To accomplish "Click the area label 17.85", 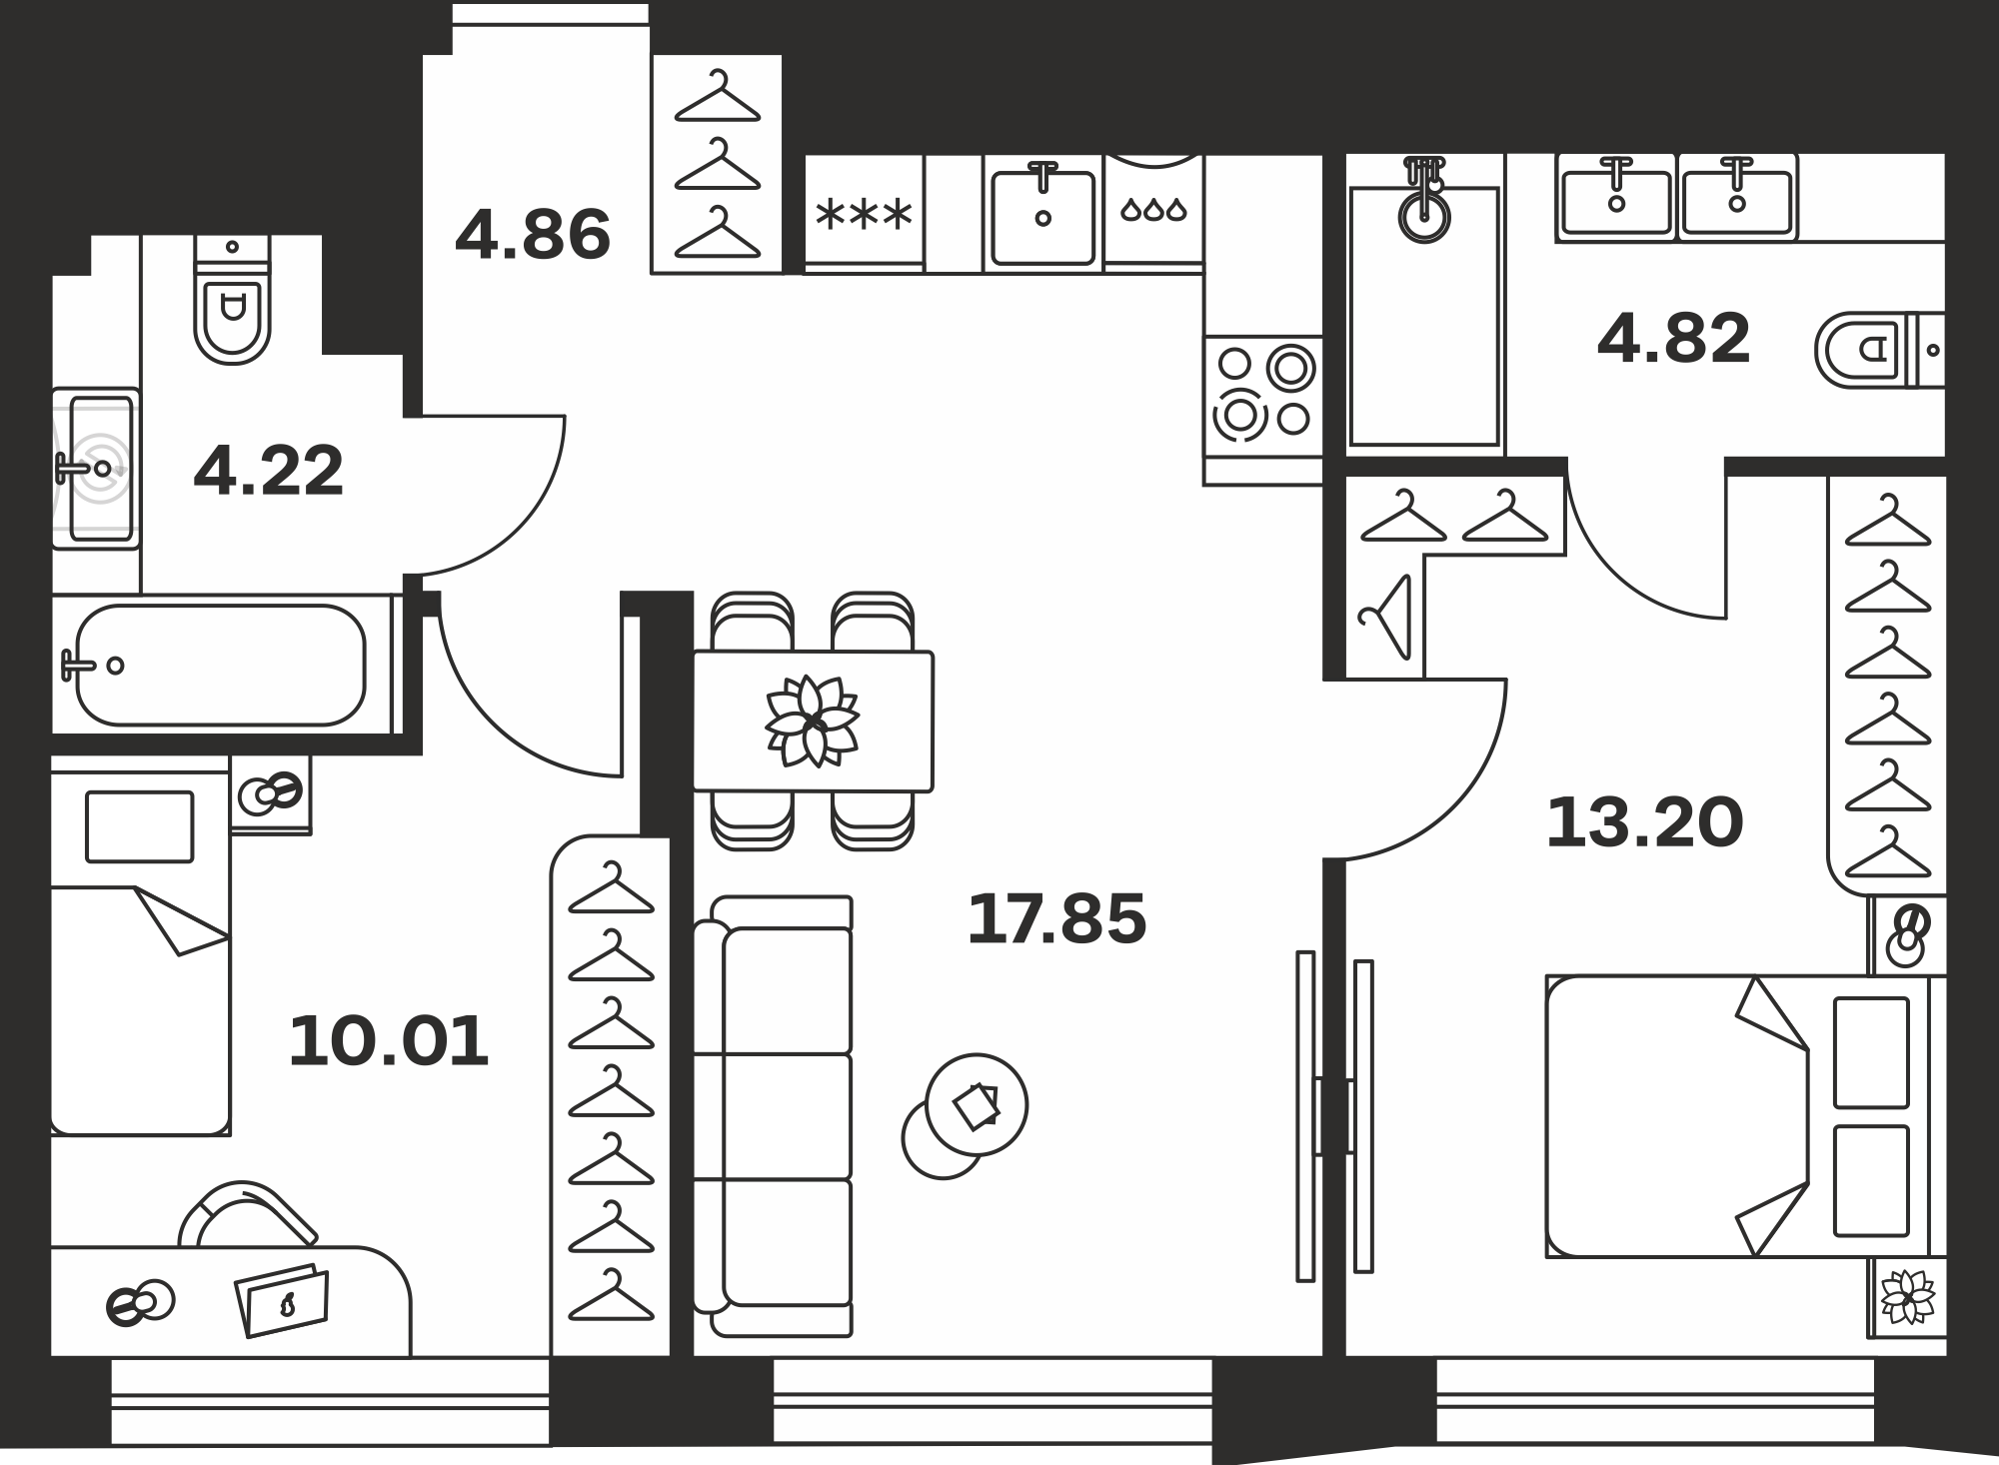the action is pos(1056,919).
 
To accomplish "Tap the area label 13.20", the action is pos(1644,823).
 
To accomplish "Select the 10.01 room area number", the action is pos(389,1041).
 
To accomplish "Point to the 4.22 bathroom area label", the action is pos(269,472).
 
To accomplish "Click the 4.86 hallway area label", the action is pos(532,235).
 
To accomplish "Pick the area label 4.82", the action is pos(1674,338).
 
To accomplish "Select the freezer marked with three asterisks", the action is pos(865,213).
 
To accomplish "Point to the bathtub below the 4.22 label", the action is pos(221,665).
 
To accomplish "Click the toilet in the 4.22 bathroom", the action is pos(232,300).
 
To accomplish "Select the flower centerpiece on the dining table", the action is pos(813,721).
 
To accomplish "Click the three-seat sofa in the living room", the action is pos(773,1116).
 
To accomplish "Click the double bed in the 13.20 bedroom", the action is pos(1745,1116).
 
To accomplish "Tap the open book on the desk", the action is pos(282,1300).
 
